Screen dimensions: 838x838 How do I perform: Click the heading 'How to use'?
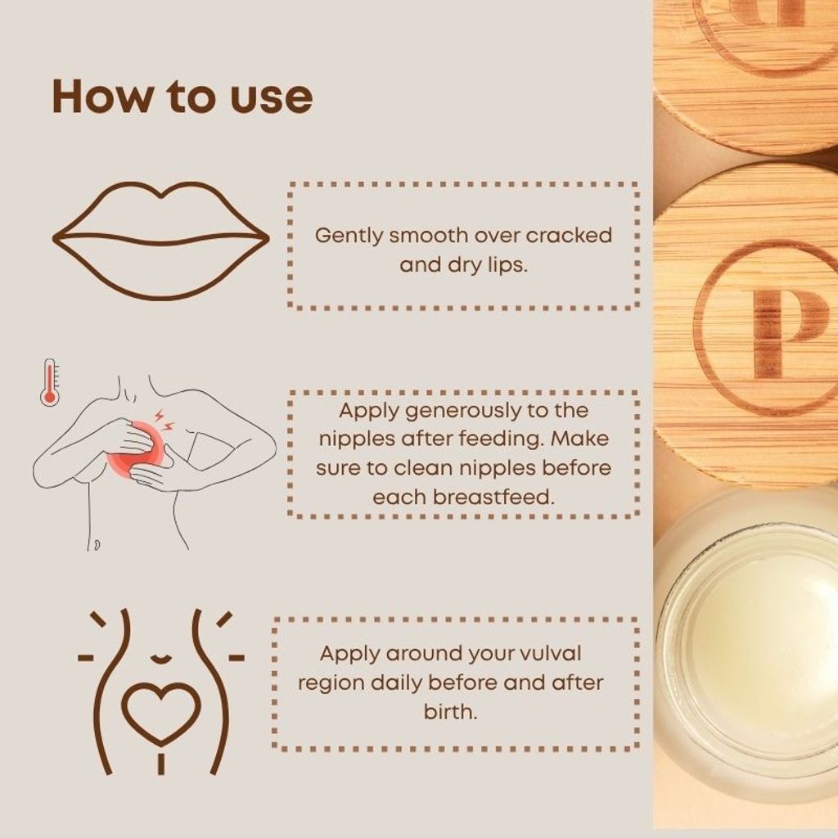pos(182,97)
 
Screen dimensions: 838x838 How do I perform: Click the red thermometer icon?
pos(50,383)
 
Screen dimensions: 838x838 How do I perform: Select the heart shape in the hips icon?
pos(161,714)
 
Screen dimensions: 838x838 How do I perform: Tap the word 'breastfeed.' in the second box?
pos(493,498)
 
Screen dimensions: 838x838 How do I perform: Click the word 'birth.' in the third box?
pos(450,712)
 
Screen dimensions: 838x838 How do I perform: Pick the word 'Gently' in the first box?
pos(349,237)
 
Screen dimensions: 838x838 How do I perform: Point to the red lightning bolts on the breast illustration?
pos(164,420)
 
